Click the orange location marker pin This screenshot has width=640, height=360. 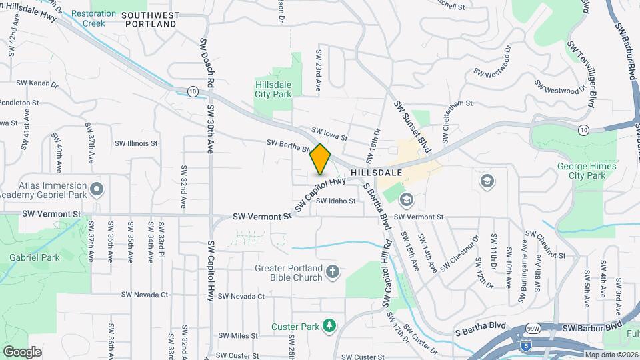[321, 159]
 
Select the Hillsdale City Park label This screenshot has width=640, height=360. [273, 90]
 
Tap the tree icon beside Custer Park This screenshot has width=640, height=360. [328, 325]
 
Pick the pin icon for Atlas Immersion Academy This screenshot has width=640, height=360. [97, 191]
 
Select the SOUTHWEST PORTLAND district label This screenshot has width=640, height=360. [151, 19]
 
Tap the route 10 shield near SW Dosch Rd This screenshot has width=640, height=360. [192, 91]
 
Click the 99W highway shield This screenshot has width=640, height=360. [533, 329]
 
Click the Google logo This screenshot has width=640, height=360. [23, 351]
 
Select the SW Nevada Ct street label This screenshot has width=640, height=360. [241, 296]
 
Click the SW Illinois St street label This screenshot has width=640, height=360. [136, 143]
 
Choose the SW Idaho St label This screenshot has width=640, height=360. [335, 201]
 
